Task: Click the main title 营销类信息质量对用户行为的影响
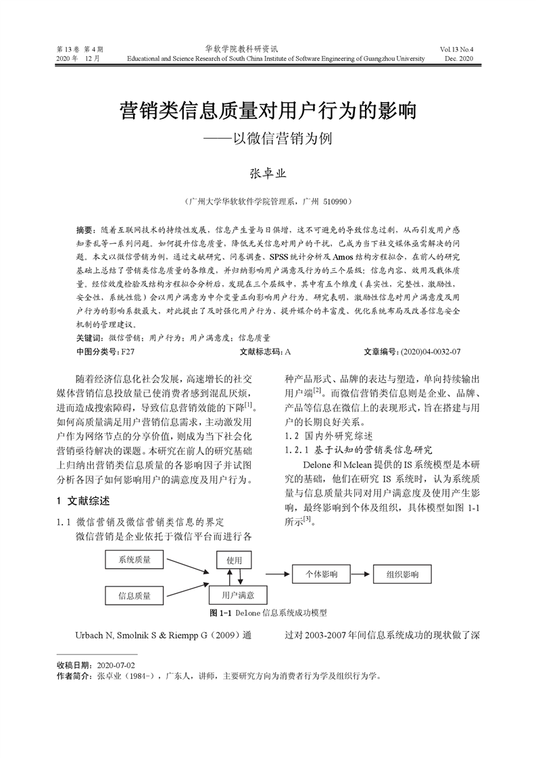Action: pyautogui.click(x=268, y=110)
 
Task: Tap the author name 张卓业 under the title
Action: pyautogui.click(x=268, y=173)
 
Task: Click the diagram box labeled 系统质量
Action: pyautogui.click(x=135, y=559)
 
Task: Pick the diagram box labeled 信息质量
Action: pyautogui.click(x=135, y=595)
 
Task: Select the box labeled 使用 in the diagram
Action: pyautogui.click(x=234, y=560)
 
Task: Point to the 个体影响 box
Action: pyautogui.click(x=322, y=574)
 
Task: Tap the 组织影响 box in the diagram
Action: pyautogui.click(x=403, y=574)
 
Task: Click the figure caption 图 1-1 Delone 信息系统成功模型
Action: pyautogui.click(x=268, y=613)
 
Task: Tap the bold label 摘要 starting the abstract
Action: pyautogui.click(x=84, y=230)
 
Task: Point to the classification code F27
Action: pyautogui.click(x=128, y=352)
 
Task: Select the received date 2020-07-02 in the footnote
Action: pyautogui.click(x=116, y=665)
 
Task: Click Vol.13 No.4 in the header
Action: pyautogui.click(x=457, y=49)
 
